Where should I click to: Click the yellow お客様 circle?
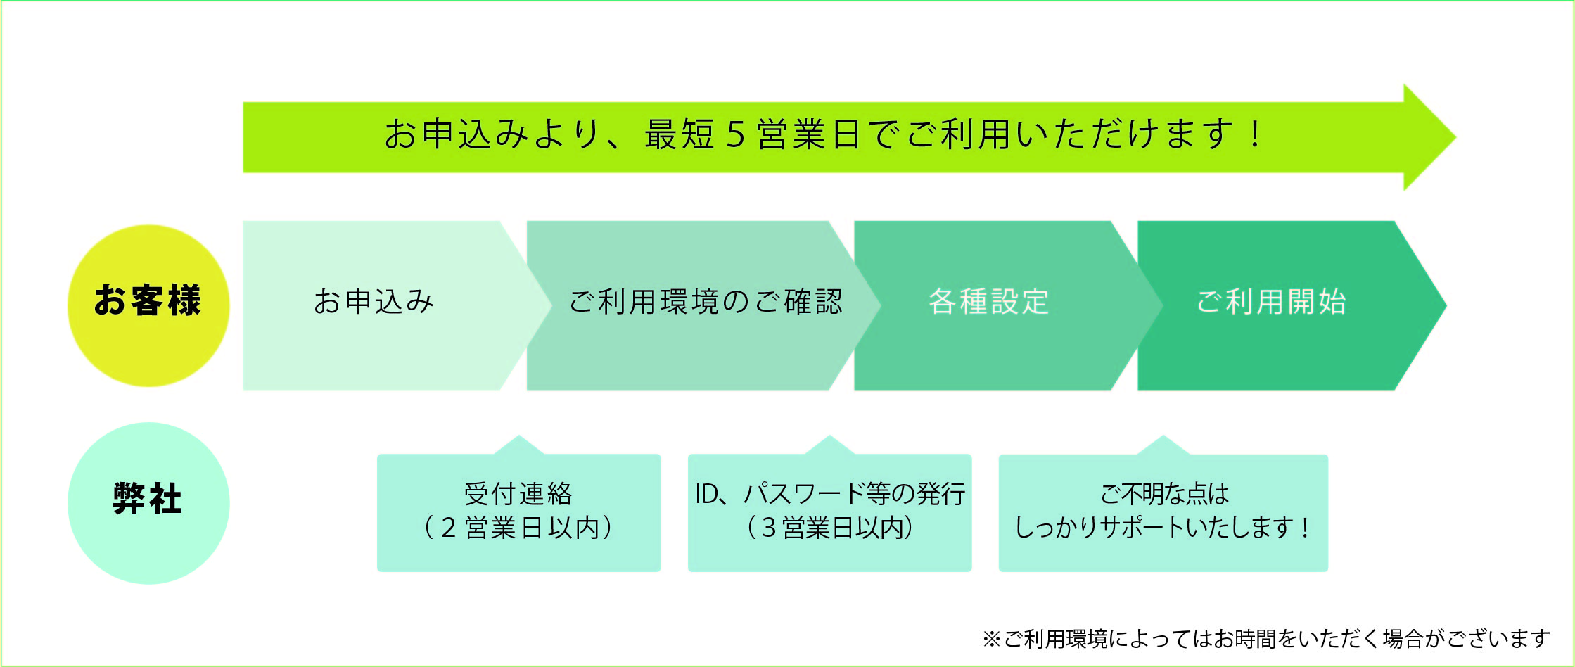tap(148, 305)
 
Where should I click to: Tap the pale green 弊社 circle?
tap(148, 503)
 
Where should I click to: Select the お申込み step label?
tap(374, 301)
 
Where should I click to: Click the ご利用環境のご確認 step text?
tap(706, 301)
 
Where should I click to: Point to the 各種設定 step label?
tap(989, 301)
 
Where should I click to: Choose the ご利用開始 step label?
tap(1271, 301)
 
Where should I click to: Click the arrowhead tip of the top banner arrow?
tap(1455, 137)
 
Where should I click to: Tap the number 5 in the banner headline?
tap(735, 134)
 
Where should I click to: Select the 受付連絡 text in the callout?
tap(518, 494)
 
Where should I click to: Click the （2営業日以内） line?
tap(518, 528)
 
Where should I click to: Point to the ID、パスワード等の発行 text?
tap(830, 494)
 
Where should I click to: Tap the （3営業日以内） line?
tap(830, 528)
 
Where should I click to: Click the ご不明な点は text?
tap(1164, 494)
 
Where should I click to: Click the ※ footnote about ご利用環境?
tap(1265, 639)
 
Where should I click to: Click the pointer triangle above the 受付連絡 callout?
tap(519, 445)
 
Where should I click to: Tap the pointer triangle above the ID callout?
tap(830, 445)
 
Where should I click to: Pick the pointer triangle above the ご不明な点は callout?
tap(1163, 445)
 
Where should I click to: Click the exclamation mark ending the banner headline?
tap(1256, 134)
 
